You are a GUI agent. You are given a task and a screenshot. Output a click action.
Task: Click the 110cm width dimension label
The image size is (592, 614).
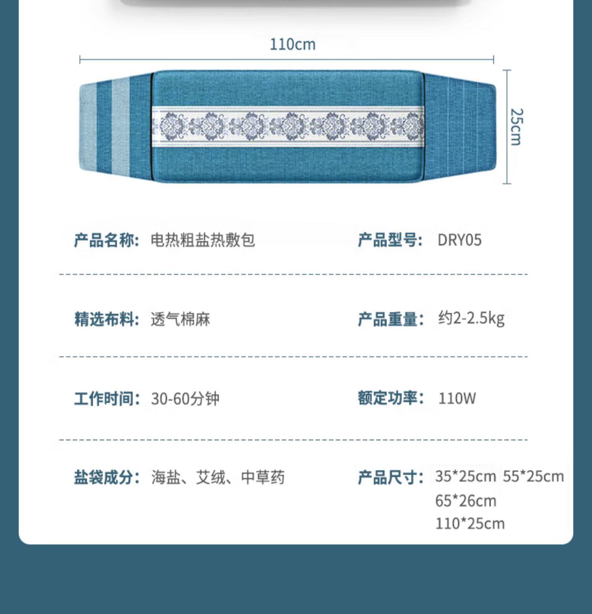pyautogui.click(x=292, y=44)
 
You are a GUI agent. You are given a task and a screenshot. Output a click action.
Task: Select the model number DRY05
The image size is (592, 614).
pyautogui.click(x=459, y=240)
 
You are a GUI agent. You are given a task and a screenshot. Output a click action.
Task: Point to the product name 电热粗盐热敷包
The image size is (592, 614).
pyautogui.click(x=203, y=240)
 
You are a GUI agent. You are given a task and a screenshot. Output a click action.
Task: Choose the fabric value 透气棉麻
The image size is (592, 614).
pyautogui.click(x=180, y=319)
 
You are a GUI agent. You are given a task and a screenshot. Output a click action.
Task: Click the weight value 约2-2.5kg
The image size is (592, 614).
pyautogui.click(x=471, y=318)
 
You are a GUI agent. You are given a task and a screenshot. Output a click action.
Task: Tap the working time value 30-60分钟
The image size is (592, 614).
pyautogui.click(x=185, y=399)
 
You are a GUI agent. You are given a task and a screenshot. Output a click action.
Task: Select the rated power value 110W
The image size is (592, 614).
pyautogui.click(x=457, y=398)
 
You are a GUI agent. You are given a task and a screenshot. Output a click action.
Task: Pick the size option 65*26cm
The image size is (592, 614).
pyautogui.click(x=466, y=501)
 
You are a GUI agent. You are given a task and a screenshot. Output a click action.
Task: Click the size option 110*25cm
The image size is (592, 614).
pyautogui.click(x=470, y=524)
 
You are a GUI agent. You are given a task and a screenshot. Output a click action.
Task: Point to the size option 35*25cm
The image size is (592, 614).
pyautogui.click(x=465, y=477)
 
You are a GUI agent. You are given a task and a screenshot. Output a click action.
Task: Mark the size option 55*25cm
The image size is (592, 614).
pyautogui.click(x=533, y=477)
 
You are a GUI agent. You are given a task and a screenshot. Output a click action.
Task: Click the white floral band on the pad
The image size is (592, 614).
pyautogui.click(x=288, y=126)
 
